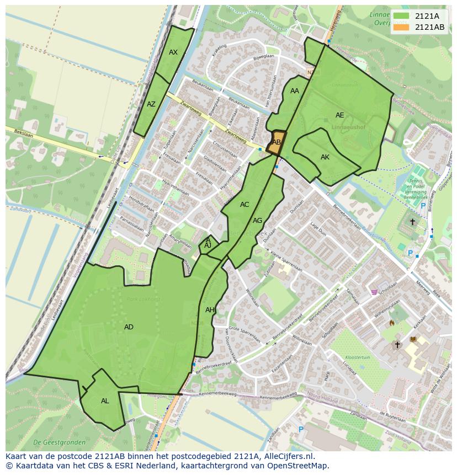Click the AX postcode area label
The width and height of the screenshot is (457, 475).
pyautogui.click(x=173, y=52)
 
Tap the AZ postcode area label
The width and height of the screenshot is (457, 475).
pyautogui.click(x=151, y=104)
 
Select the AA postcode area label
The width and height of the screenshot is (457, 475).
pyautogui.click(x=295, y=91)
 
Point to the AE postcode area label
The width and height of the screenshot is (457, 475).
pyautogui.click(x=340, y=115)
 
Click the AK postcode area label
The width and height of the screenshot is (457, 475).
pyautogui.click(x=325, y=157)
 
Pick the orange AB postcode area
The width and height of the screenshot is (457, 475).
pyautogui.click(x=277, y=142)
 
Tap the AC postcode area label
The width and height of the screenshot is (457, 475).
pyautogui.click(x=245, y=205)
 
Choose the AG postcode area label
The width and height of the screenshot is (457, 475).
pyautogui.click(x=258, y=221)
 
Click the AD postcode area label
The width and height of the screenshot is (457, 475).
pyautogui.click(x=129, y=327)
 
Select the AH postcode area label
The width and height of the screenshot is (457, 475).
pyautogui.click(x=210, y=310)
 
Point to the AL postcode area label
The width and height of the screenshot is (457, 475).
pyautogui.click(x=105, y=401)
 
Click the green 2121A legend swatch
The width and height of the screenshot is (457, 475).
pyautogui.click(x=402, y=16)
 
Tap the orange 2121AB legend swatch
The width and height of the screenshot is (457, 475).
pyautogui.click(x=402, y=27)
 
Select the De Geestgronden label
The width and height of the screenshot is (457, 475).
pyautogui.click(x=59, y=442)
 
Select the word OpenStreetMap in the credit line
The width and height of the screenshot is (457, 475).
pyautogui.click(x=299, y=466)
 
